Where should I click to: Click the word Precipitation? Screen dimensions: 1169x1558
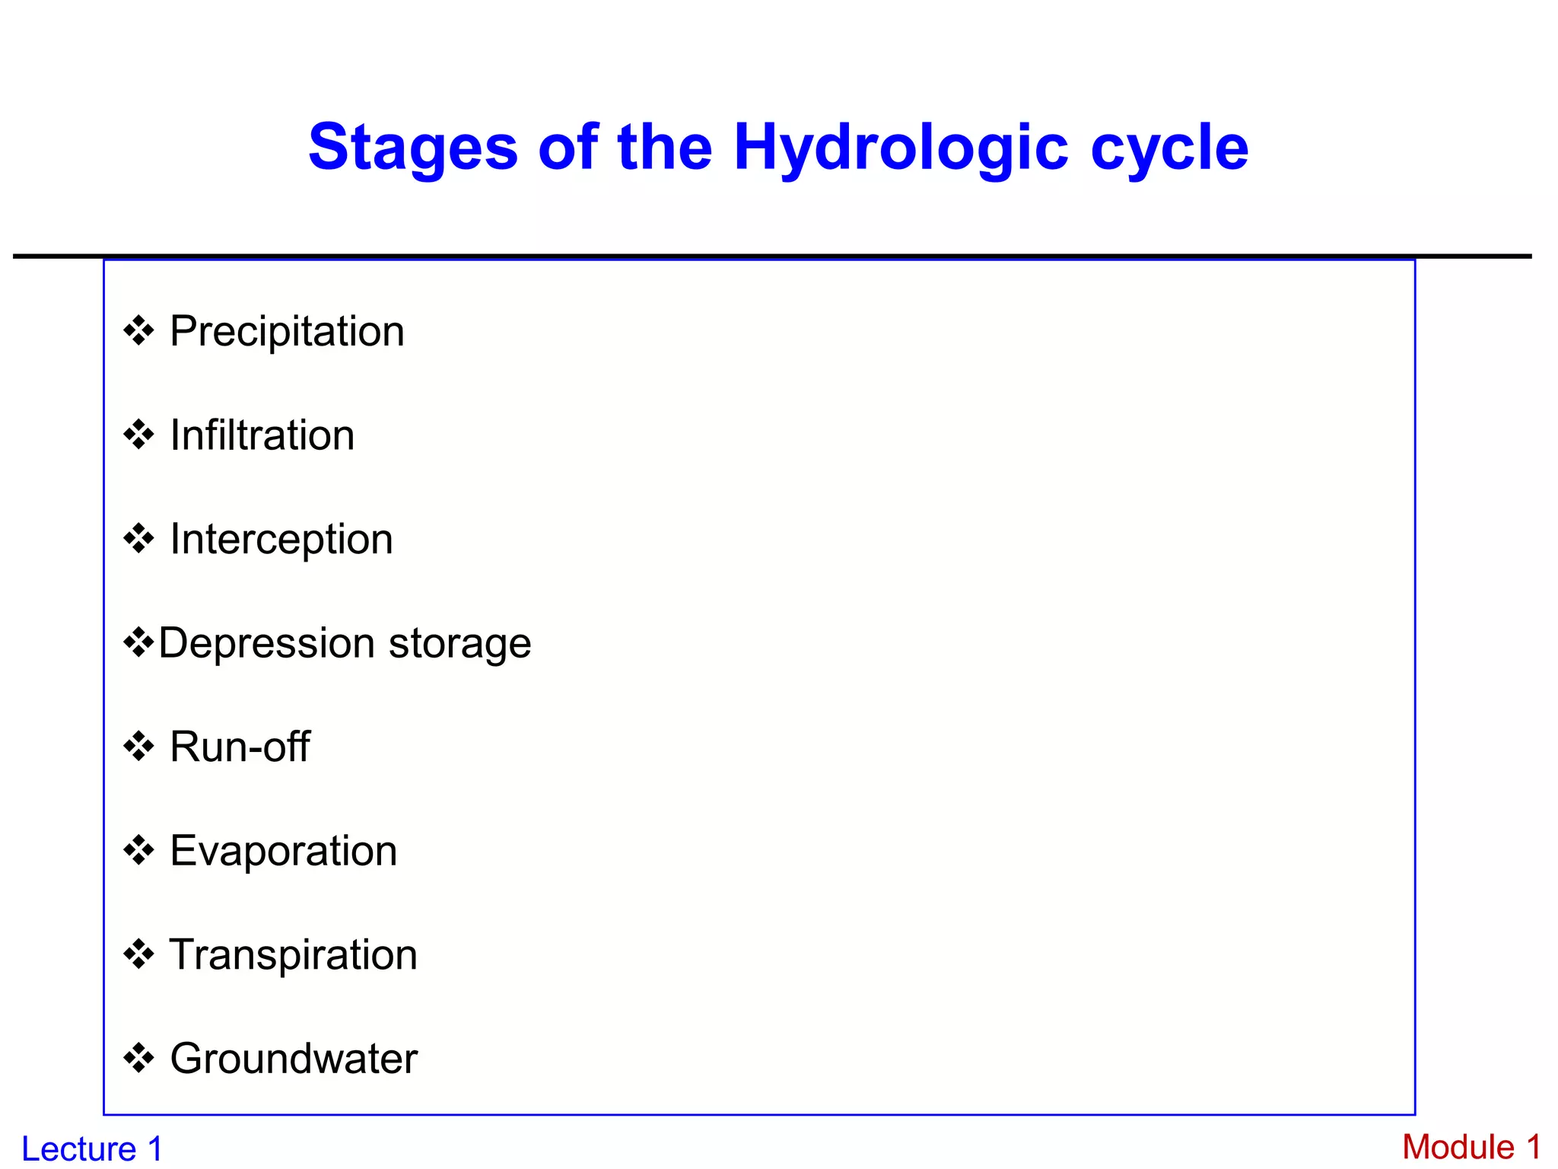click(x=287, y=332)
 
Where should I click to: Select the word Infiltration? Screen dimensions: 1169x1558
click(x=262, y=435)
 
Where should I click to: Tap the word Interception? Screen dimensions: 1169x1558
click(x=281, y=540)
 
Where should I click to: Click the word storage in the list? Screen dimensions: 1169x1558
click(x=459, y=644)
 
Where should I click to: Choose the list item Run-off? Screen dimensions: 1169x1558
click(x=240, y=747)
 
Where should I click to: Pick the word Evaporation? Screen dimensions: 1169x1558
click(x=283, y=851)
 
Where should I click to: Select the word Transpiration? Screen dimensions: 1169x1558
click(x=293, y=955)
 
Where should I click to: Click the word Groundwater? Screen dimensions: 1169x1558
click(x=294, y=1059)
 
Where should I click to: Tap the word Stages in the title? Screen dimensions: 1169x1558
click(x=413, y=148)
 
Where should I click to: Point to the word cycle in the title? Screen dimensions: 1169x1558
click(x=1169, y=148)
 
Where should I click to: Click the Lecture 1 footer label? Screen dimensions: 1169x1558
click(x=92, y=1148)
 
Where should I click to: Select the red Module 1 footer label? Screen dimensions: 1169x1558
click(x=1471, y=1147)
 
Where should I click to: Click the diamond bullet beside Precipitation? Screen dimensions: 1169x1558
click(x=138, y=332)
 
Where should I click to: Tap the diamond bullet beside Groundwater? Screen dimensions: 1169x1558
click(x=138, y=1059)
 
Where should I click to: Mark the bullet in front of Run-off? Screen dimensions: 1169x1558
click(x=138, y=747)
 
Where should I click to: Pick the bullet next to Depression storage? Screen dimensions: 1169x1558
click(x=138, y=643)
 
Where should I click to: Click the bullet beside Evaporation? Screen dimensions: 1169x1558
click(x=138, y=851)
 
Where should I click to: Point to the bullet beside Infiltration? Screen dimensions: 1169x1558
click(x=138, y=435)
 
